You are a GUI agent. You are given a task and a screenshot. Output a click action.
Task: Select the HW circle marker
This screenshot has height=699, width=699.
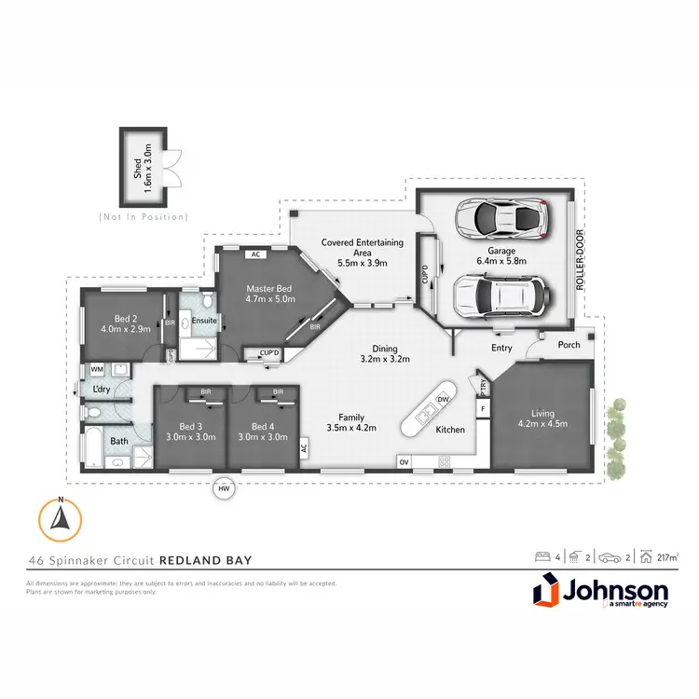click(223, 487)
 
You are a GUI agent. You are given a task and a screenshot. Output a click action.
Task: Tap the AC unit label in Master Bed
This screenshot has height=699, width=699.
click(254, 254)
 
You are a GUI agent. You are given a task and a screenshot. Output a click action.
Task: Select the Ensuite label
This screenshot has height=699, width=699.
click(205, 321)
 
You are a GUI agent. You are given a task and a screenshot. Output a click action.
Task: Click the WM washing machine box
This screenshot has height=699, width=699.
click(97, 370)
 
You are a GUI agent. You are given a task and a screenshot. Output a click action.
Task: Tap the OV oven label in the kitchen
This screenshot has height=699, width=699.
click(404, 460)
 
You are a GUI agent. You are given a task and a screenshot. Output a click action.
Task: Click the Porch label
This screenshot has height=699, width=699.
click(569, 345)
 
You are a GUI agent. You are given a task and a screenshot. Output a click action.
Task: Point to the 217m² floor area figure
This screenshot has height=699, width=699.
click(665, 558)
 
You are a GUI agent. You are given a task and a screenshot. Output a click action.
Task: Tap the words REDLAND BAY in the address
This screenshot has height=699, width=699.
click(206, 561)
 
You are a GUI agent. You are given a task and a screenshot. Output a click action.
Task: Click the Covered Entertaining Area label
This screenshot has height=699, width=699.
click(363, 248)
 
